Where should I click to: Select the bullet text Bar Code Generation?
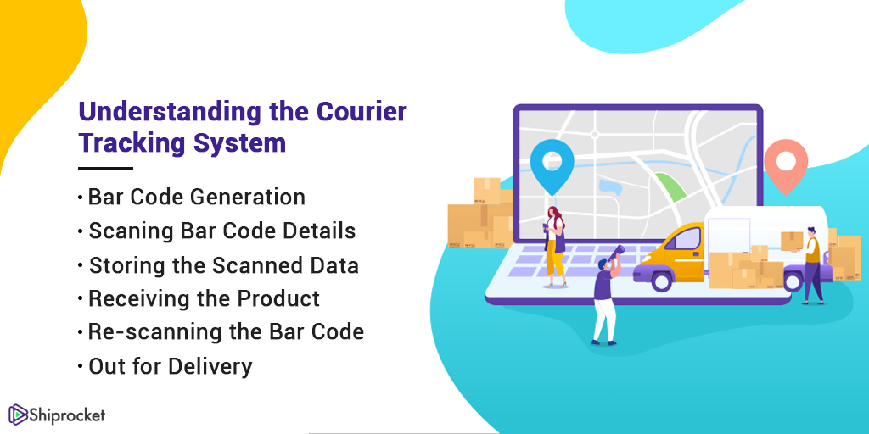196,198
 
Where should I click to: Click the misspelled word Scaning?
122,231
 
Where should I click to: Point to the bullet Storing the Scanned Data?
223,265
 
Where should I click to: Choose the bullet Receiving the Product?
204,299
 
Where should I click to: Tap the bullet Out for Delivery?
170,366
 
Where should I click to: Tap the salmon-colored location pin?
785,164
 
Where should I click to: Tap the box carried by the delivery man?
791,240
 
